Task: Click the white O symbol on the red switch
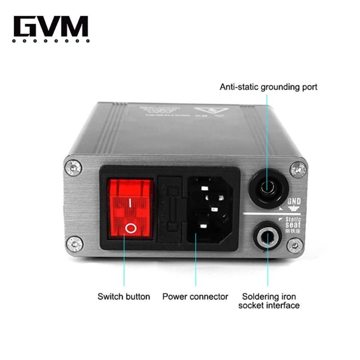(x=130, y=229)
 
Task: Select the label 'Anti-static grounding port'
(x=268, y=86)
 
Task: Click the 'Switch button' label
(x=124, y=297)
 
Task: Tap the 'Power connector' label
(x=195, y=297)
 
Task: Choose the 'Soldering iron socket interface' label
(x=270, y=301)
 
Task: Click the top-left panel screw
(x=73, y=168)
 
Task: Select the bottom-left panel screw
(x=74, y=244)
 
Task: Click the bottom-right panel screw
(x=295, y=245)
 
